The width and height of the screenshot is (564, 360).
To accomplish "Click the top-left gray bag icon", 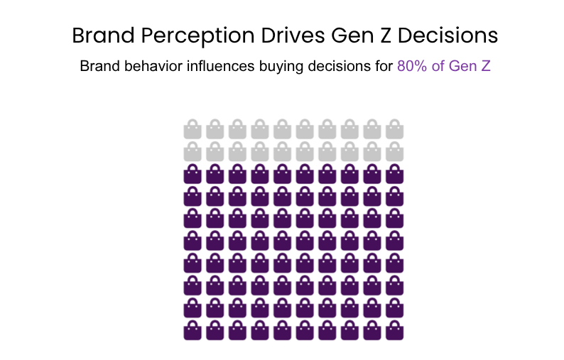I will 192,129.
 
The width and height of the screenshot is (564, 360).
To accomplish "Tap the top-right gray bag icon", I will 395,129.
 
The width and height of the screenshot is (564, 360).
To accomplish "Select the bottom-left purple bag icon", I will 192,330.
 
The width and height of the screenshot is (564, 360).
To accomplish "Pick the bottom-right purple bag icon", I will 395,330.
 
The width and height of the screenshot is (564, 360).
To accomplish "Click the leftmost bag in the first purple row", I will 192,174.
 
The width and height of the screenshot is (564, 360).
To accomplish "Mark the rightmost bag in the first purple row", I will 395,174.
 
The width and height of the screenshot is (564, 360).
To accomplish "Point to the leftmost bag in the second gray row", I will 192,151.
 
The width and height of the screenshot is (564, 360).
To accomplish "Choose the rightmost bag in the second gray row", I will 395,151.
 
